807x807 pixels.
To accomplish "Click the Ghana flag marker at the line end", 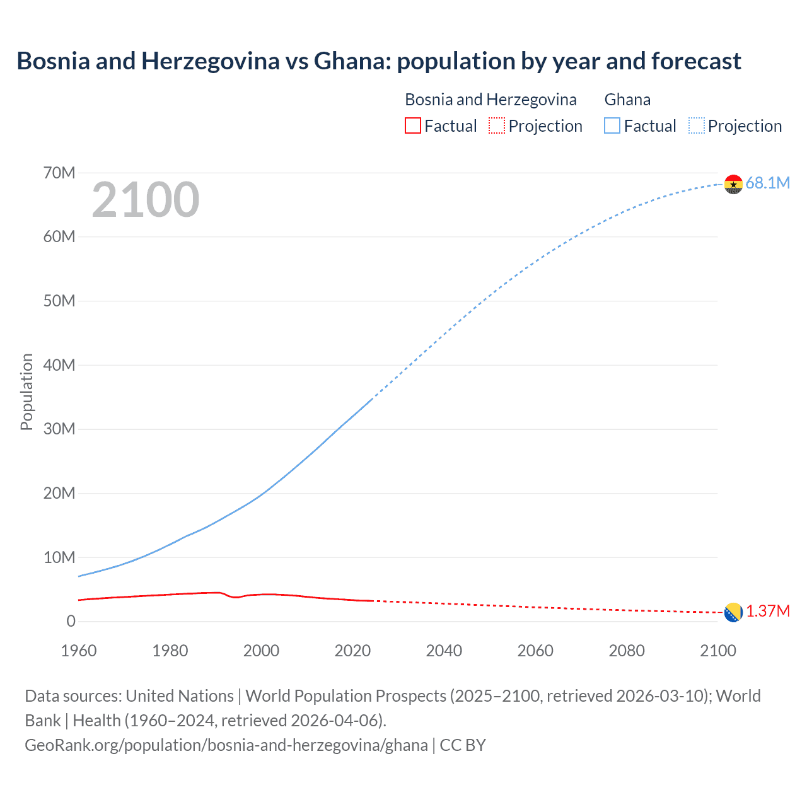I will click(733, 184).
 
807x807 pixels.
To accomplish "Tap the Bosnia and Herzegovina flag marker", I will click(733, 612).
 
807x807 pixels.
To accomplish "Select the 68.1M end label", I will click(767, 183).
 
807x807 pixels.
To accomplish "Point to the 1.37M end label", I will click(768, 612).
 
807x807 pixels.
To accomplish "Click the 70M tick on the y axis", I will click(59, 173).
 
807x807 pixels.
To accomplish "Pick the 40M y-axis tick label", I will click(59, 365).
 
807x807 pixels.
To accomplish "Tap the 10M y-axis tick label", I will click(59, 557).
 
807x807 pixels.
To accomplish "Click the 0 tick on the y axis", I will click(71, 622).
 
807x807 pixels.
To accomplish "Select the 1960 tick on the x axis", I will click(79, 651).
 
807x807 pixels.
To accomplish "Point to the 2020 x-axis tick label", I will click(352, 651).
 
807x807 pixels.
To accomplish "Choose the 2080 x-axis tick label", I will click(627, 651).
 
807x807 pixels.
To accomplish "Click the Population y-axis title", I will click(26, 392).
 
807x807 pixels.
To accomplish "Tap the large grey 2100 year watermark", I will click(146, 200).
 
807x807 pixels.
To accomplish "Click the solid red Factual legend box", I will click(412, 125).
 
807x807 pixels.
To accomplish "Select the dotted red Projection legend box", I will click(497, 125).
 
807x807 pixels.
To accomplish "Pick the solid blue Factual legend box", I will click(612, 125).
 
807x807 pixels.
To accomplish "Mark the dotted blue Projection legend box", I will click(696, 125).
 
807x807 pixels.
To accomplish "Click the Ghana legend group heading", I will click(627, 100).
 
